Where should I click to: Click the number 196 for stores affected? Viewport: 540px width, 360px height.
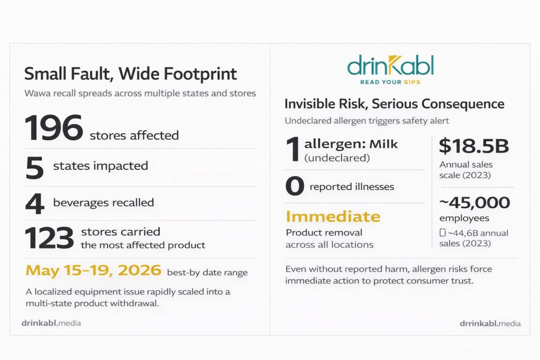(54, 128)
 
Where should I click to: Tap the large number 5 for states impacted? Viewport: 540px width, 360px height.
(34, 168)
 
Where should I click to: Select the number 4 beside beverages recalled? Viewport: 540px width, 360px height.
(35, 203)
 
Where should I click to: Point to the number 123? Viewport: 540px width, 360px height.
(49, 238)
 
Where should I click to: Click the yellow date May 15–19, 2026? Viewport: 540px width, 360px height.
(93, 270)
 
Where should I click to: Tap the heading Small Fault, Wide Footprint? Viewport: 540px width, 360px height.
(131, 74)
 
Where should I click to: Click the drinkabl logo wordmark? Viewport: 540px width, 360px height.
(390, 65)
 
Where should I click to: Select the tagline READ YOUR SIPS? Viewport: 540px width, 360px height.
(390, 82)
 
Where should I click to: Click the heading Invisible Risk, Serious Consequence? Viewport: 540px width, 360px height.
(394, 104)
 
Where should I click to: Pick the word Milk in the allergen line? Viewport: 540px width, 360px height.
(383, 144)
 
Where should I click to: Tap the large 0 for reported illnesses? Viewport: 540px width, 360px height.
(295, 186)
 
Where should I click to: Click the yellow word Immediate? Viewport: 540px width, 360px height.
(333, 217)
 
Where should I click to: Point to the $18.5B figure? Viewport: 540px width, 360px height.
(474, 145)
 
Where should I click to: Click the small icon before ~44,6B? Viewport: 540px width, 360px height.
(442, 232)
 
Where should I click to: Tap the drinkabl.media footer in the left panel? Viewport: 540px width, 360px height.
(51, 323)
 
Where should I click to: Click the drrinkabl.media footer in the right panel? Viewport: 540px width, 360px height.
(490, 324)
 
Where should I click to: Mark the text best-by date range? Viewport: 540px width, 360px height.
(207, 273)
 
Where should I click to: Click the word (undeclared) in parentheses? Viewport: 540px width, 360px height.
(337, 158)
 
